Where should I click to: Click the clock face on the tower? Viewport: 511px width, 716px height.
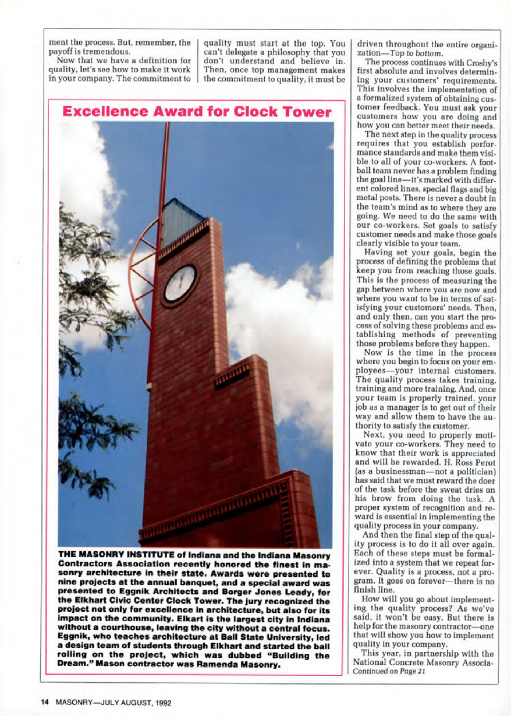180,283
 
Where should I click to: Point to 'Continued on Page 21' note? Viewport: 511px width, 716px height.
389,672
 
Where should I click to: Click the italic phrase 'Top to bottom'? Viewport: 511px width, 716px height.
416,54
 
